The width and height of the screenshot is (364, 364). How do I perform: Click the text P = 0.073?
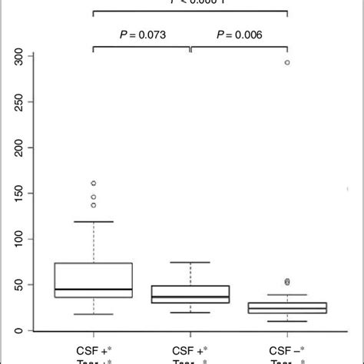tap(141, 35)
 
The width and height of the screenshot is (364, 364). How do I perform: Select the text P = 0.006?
tap(239, 35)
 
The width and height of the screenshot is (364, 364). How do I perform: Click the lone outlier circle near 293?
tap(287, 63)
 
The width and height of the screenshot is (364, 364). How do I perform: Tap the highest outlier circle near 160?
tap(94, 184)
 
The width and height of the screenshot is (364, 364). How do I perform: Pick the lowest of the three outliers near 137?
tap(94, 205)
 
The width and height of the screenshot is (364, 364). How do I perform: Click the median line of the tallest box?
tap(94, 290)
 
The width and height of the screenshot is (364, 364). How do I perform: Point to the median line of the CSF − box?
tap(287, 308)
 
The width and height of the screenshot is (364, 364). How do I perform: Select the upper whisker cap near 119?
tap(94, 222)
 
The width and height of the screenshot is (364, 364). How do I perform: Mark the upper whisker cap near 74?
tap(190, 263)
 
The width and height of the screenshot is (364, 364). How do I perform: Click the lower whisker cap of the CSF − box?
tap(287, 322)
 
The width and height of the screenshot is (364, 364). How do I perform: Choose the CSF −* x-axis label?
tap(287, 348)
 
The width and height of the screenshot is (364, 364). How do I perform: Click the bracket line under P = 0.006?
tap(239, 48)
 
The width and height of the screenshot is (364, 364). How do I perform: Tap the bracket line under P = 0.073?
tap(141, 48)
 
